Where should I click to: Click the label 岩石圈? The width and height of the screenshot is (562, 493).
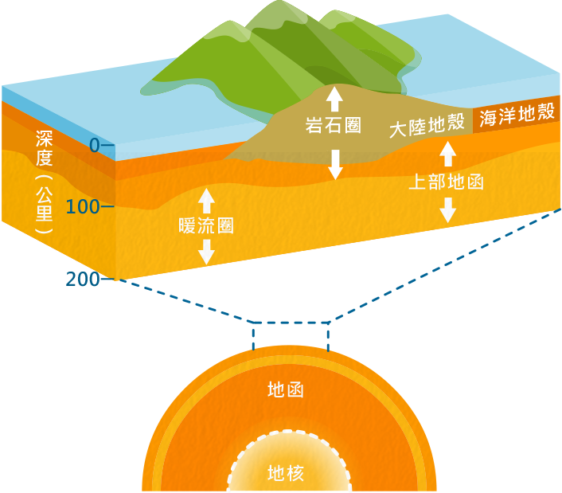point(334,126)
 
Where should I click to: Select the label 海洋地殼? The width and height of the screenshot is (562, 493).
point(517,114)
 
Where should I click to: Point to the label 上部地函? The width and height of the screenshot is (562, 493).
point(447,182)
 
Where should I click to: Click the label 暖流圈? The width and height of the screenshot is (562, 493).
point(206,225)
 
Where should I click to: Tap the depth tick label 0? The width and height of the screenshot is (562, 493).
point(94,146)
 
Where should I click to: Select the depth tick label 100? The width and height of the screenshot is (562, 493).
point(83,208)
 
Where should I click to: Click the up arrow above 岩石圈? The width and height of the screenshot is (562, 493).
point(334,98)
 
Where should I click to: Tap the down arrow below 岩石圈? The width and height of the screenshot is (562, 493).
point(335,163)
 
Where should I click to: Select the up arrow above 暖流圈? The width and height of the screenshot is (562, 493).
point(206,199)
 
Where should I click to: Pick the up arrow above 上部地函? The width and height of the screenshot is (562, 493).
point(447,154)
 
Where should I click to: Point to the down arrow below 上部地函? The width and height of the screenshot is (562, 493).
point(447,209)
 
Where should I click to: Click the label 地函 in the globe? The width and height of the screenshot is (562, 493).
point(286,390)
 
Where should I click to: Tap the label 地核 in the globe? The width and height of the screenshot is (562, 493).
point(286,474)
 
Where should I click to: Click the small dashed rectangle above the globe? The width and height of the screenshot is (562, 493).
point(291,335)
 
